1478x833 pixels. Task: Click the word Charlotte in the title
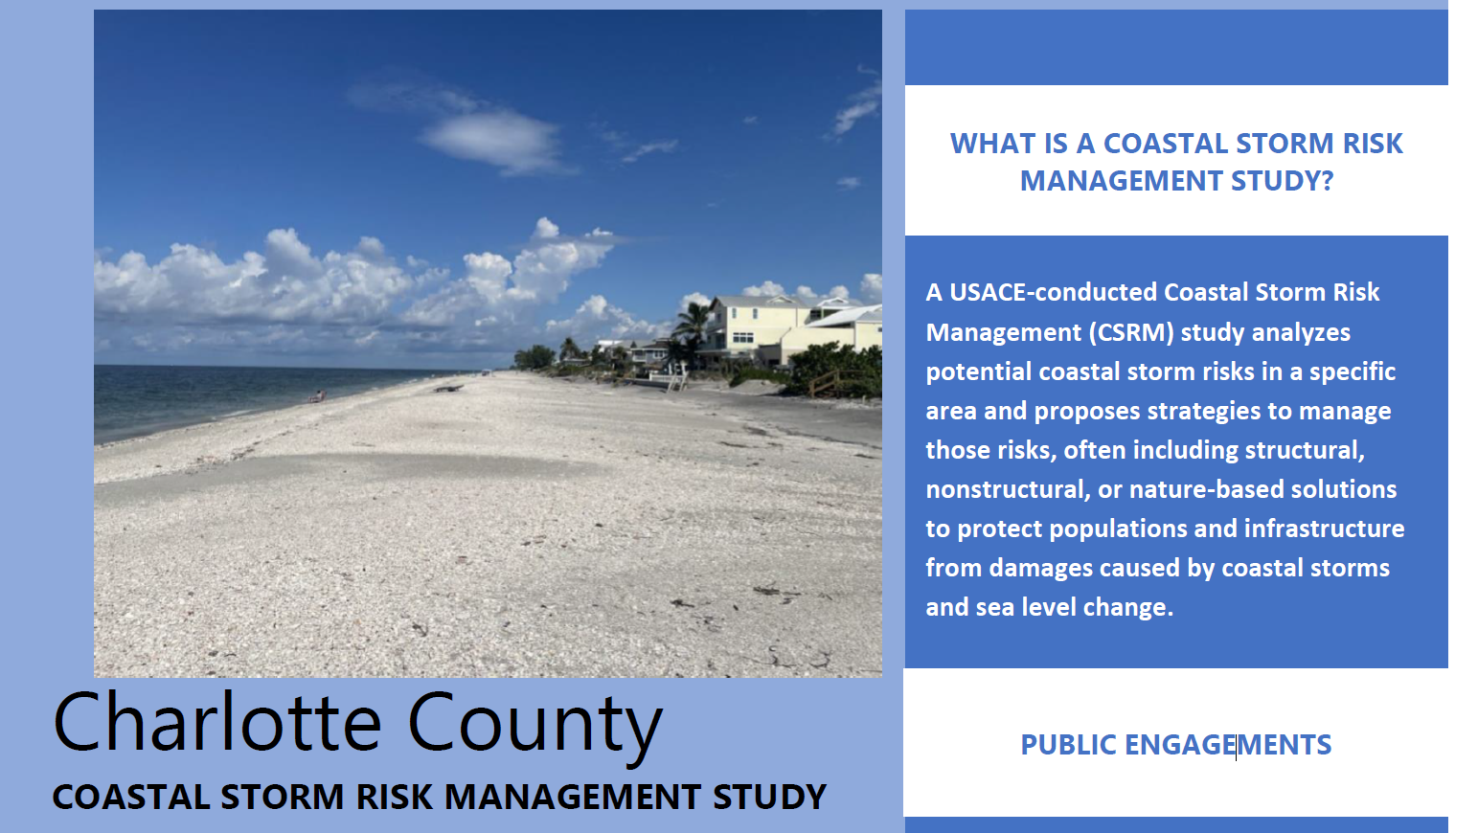[217, 722]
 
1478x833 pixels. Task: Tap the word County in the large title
[534, 728]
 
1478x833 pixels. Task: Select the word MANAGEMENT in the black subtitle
[572, 797]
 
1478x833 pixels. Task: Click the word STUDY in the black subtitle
[769, 797]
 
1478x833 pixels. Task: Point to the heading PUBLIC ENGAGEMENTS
[1176, 745]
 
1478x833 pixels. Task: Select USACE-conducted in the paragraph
[1053, 292]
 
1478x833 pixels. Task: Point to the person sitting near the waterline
[317, 396]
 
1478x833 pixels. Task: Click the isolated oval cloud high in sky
[491, 141]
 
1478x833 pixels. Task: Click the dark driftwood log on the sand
[448, 389]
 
